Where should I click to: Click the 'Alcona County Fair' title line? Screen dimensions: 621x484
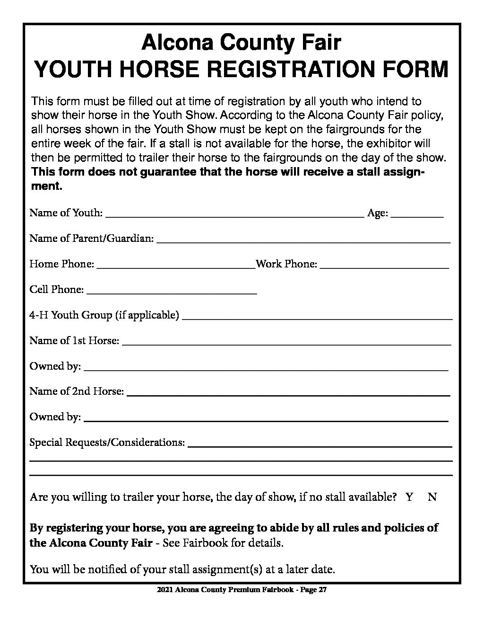[241, 43]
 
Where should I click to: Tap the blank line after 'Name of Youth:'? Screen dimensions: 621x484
[234, 214]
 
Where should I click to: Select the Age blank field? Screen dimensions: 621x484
[417, 214]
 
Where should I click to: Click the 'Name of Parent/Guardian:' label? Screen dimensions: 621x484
[91, 239]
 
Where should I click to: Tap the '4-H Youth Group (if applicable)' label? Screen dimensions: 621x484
[104, 315]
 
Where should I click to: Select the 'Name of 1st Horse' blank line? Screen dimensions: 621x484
[286, 342]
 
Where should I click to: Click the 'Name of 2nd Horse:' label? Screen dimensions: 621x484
[77, 391]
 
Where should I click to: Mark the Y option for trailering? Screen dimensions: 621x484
[409, 497]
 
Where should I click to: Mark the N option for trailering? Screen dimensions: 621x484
[432, 497]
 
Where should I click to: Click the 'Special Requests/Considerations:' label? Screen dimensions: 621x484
[107, 443]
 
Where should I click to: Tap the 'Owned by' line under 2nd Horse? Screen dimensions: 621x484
[265, 418]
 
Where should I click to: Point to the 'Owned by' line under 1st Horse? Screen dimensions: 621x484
[265, 367]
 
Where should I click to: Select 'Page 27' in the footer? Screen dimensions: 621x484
[314, 590]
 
